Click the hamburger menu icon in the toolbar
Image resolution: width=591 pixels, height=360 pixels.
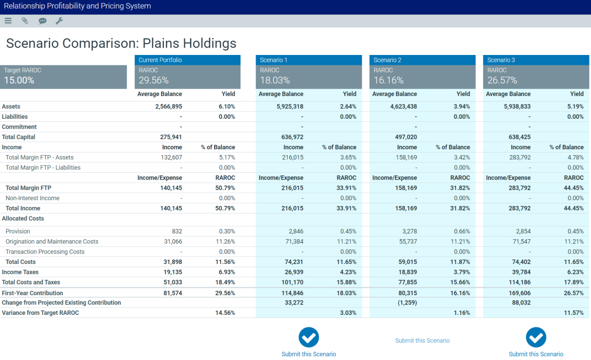pyautogui.click(x=8, y=21)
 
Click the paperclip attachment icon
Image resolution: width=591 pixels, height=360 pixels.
pyautogui.click(x=25, y=21)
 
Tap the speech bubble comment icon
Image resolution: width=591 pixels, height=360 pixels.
pyautogui.click(x=43, y=21)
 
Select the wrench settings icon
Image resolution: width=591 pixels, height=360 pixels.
pyautogui.click(x=59, y=21)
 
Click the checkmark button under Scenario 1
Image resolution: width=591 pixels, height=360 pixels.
pyautogui.click(x=308, y=337)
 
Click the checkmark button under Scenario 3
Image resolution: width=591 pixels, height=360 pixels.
pyautogui.click(x=536, y=337)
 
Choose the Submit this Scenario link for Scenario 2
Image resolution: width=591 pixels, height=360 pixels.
pyautogui.click(x=422, y=341)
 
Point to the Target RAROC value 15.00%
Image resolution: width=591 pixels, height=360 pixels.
pyautogui.click(x=19, y=80)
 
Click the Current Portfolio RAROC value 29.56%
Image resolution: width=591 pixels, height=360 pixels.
pyautogui.click(x=153, y=80)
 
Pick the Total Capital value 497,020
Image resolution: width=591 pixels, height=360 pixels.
pyautogui.click(x=406, y=137)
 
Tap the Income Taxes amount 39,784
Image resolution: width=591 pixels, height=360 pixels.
pyautogui.click(x=520, y=272)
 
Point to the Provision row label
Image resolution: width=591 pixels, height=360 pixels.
pyautogui.click(x=18, y=231)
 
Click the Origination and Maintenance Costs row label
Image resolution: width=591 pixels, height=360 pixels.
pyautogui.click(x=52, y=242)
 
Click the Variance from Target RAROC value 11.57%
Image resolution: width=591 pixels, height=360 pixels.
pyautogui.click(x=574, y=313)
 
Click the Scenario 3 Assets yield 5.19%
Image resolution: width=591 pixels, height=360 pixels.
pyautogui.click(x=575, y=106)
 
